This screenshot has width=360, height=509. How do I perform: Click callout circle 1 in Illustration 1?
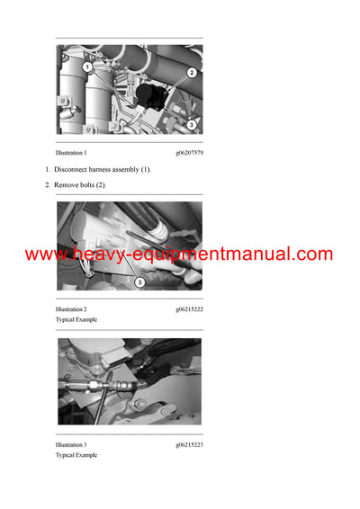click(x=87, y=67)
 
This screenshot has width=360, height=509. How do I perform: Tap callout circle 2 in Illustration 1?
click(x=192, y=72)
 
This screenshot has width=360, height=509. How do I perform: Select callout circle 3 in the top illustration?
click(x=192, y=124)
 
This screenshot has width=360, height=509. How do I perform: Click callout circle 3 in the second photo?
click(x=139, y=282)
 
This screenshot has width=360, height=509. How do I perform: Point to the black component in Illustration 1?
click(x=147, y=87)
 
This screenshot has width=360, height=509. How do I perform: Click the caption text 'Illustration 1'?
click(x=71, y=154)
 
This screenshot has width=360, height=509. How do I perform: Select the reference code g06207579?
click(x=189, y=154)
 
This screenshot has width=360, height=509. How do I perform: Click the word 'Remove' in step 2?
click(x=67, y=184)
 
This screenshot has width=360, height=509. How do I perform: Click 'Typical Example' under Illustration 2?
click(x=76, y=319)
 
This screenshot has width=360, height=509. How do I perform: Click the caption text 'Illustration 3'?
click(x=71, y=445)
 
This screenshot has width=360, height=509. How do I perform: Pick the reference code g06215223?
click(x=189, y=445)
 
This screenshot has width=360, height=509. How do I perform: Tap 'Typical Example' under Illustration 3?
click(x=76, y=455)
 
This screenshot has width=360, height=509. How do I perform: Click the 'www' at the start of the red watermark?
click(x=40, y=254)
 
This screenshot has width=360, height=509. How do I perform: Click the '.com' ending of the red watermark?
click(x=312, y=254)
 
